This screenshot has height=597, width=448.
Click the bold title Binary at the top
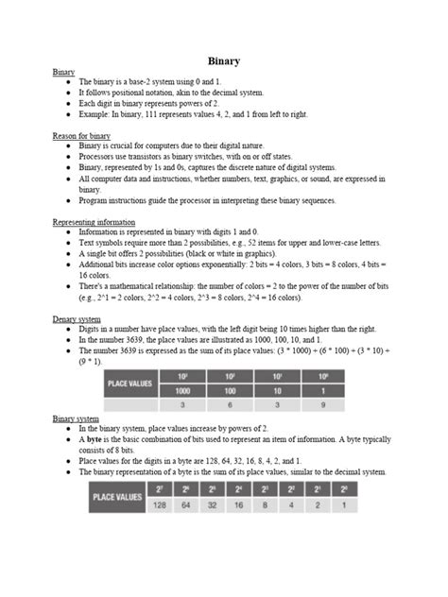(x=223, y=61)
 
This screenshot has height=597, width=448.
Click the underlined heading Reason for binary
(x=81, y=136)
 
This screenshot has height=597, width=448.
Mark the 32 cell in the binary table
(x=214, y=505)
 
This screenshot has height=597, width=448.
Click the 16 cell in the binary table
(x=240, y=505)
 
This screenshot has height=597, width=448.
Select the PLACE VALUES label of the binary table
(x=117, y=496)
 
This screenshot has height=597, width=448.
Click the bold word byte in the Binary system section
(x=96, y=439)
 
